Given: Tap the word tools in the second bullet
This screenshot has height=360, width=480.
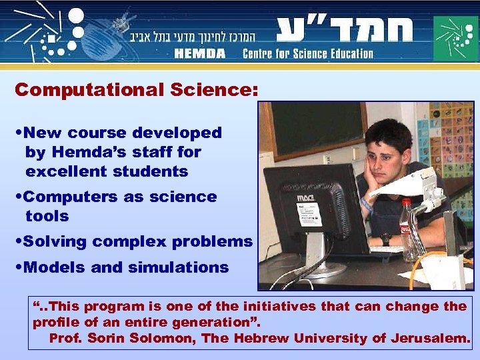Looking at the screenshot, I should pos(47,216).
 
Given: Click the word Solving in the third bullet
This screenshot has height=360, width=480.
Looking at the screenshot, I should pos(56,241).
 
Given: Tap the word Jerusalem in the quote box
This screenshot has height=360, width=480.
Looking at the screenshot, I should pos(433,338).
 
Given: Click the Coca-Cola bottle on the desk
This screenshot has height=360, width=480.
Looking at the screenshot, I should pos(406,230).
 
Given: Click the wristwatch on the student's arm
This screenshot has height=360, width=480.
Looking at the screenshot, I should pos(385,237).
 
